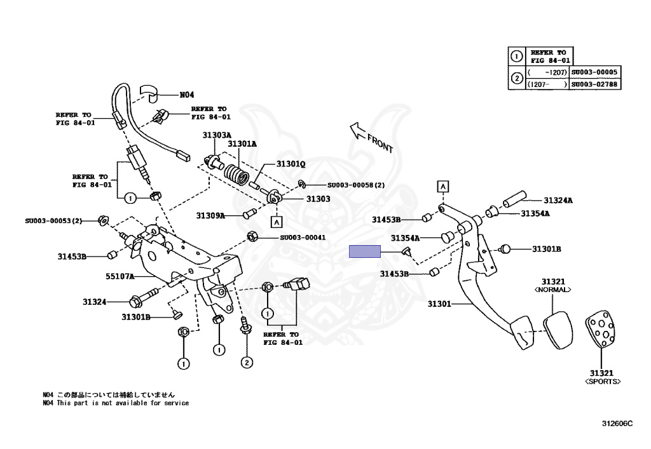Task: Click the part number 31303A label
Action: point(217,135)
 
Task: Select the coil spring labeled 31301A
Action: point(238,173)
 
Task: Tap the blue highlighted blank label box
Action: point(365,251)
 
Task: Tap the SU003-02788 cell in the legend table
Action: point(594,84)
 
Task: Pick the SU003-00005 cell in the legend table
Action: point(594,72)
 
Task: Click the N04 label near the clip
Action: point(186,95)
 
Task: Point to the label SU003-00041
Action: point(303,238)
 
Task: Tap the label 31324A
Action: point(557,201)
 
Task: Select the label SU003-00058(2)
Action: point(356,185)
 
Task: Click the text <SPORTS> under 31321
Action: point(602,382)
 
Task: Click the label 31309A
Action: point(210,215)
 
